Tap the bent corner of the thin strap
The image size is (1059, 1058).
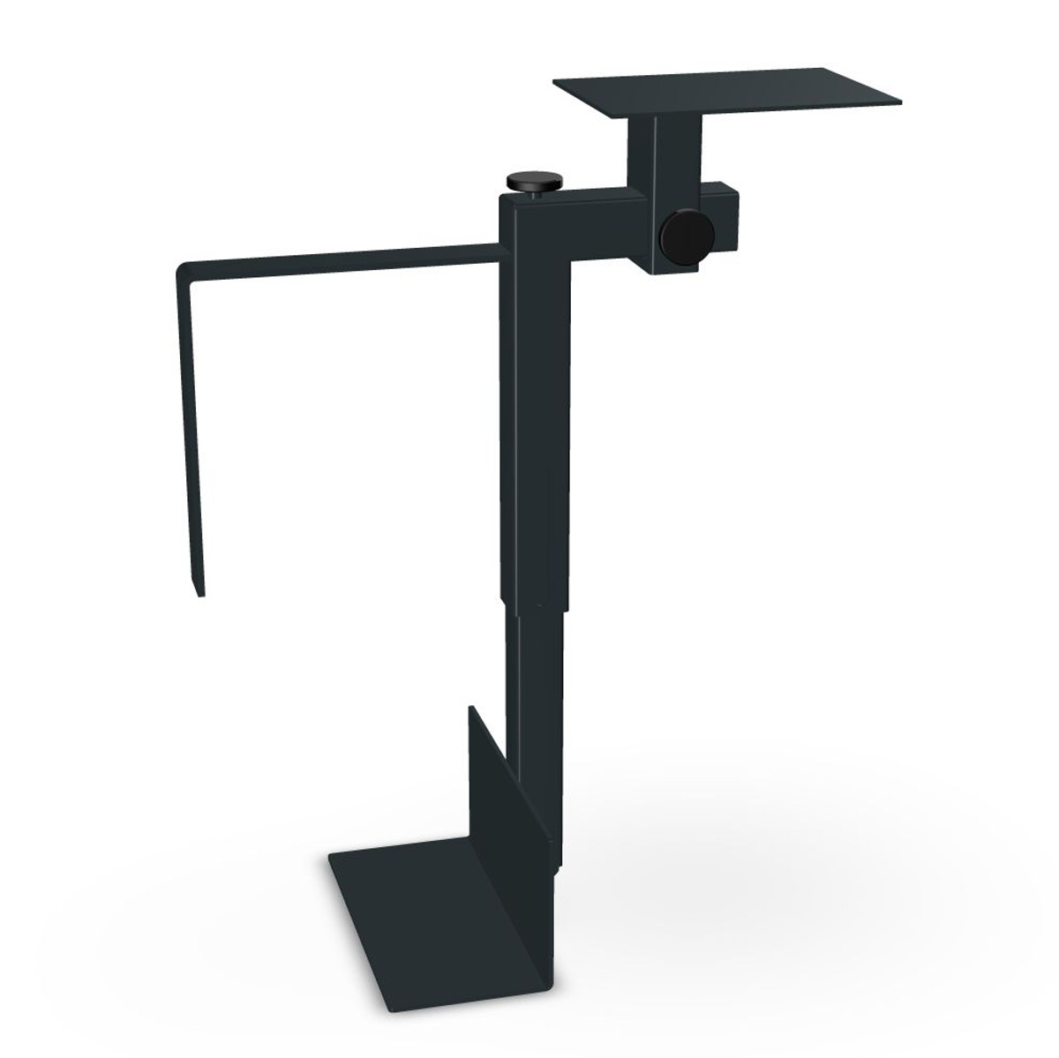click(183, 267)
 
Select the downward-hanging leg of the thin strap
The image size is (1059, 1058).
click(192, 424)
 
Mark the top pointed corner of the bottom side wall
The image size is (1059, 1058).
click(470, 707)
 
